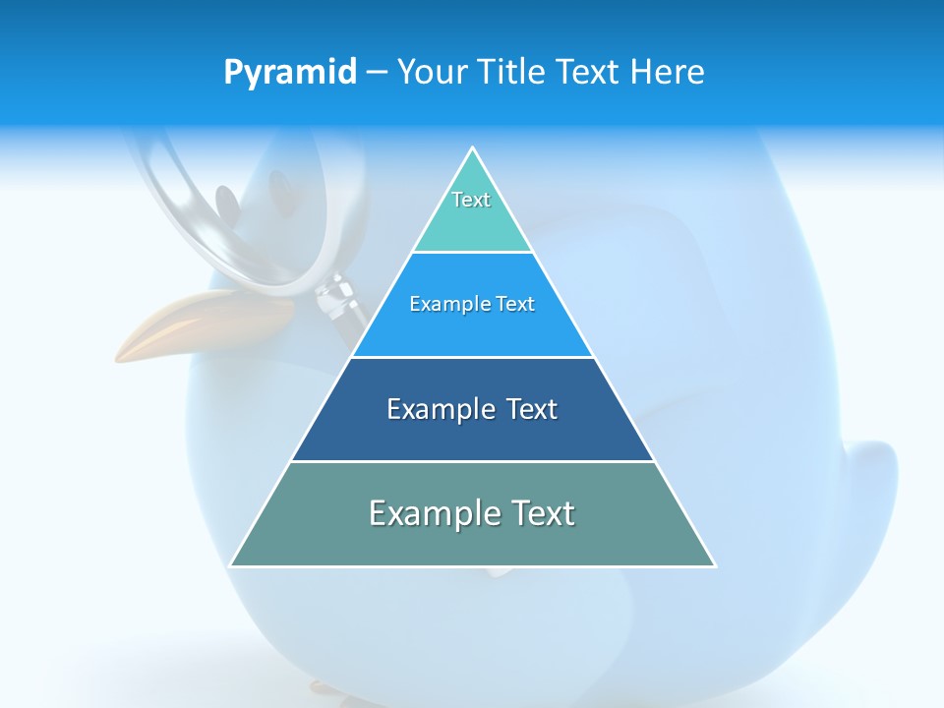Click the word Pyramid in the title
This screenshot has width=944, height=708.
(x=289, y=73)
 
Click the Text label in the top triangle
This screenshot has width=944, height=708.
(x=471, y=200)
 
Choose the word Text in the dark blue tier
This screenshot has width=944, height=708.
(x=532, y=409)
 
